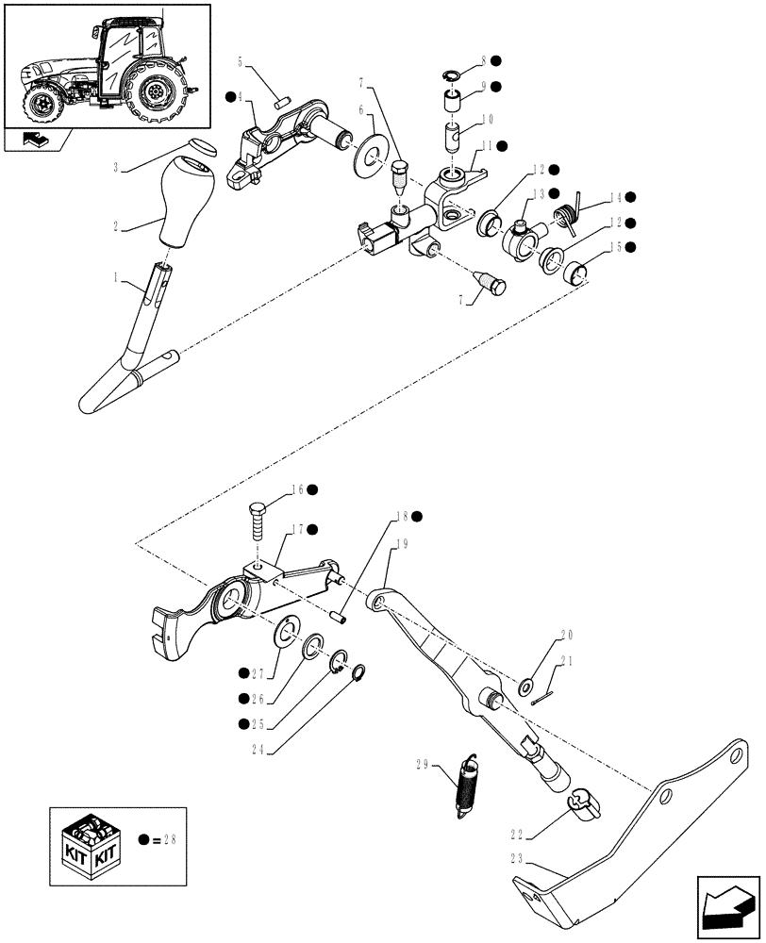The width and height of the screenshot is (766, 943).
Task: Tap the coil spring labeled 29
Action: click(466, 782)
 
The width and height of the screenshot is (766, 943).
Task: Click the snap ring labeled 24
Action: click(359, 672)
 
